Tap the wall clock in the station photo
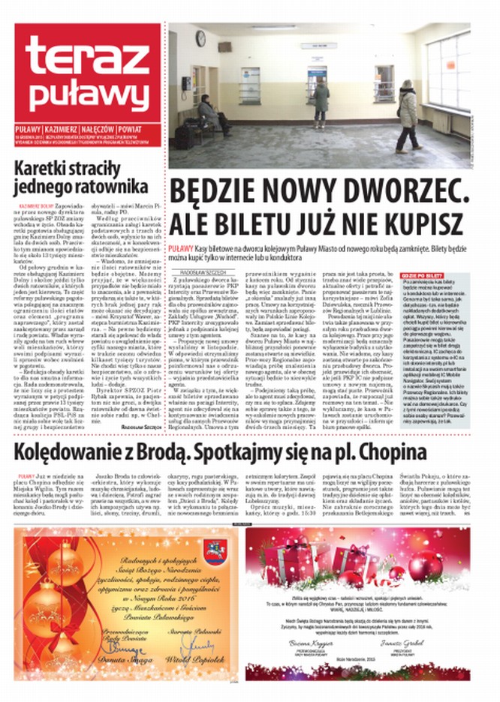click(200, 37)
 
